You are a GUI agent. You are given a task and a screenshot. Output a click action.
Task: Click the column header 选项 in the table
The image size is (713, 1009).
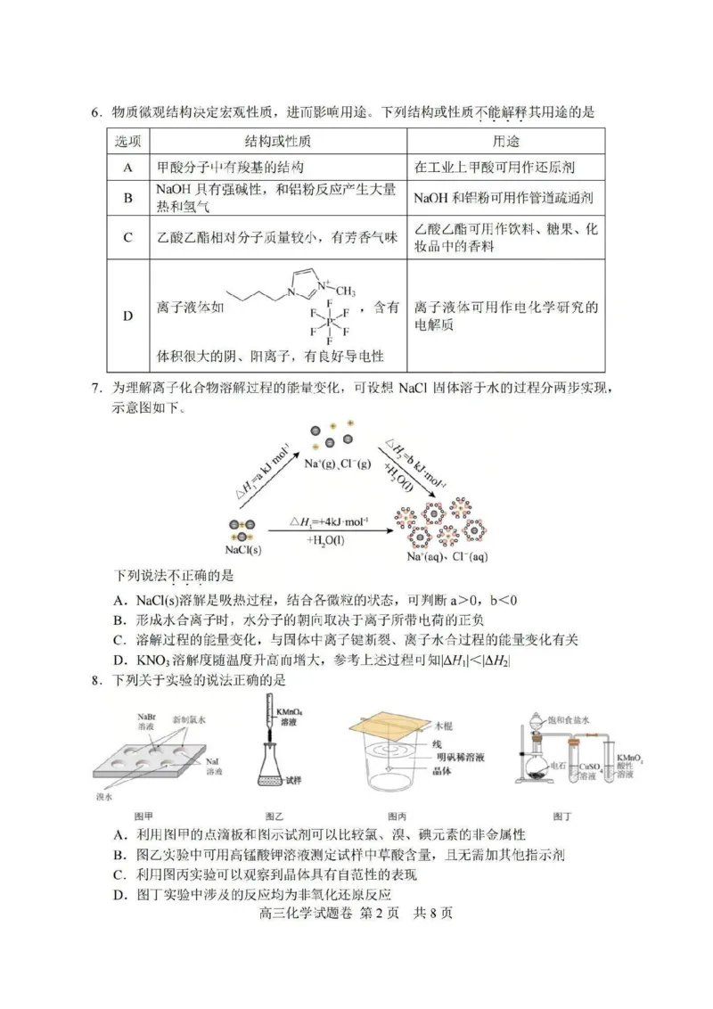click(128, 141)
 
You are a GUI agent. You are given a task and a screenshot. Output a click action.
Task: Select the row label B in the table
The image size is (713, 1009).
click(128, 198)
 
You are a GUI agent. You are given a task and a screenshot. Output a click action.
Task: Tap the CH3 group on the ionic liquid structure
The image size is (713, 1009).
click(345, 291)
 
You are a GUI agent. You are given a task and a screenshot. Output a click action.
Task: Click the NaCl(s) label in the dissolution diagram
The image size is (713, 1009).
click(243, 550)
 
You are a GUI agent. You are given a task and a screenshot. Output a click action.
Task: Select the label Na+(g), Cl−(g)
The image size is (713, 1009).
click(337, 464)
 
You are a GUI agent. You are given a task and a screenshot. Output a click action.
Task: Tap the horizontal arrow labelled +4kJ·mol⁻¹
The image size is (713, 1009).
click(330, 531)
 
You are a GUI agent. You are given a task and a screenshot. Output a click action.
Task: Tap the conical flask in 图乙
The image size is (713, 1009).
click(274, 771)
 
